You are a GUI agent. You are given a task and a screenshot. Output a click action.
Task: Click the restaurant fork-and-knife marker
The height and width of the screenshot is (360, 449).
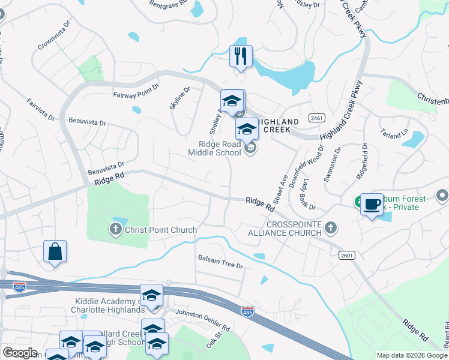coord(241,56)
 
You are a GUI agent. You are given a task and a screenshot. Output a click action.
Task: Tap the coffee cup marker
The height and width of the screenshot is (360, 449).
coord(372,205)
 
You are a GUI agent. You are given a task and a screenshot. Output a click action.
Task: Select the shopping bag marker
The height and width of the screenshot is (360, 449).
coord(55,252)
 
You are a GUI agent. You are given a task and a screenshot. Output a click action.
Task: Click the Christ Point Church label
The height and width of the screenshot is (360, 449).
coord(160,230)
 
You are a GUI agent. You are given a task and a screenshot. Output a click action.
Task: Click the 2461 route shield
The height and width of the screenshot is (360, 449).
coord(317,118)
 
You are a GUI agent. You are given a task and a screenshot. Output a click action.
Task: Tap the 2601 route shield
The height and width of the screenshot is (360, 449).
coord(346,256)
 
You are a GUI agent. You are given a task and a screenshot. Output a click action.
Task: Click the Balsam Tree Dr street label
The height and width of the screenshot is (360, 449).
coord(220,262)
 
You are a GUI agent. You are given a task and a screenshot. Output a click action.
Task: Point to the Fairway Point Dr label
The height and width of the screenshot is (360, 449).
coord(136,91)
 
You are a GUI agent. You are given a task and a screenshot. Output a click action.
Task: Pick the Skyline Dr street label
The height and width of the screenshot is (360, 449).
coord(180,97)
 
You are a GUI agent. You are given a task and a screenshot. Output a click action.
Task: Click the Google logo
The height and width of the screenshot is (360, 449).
coord(20,352)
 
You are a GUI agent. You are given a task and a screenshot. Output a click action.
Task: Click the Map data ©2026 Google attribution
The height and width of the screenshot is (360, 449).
coord(411,355)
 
